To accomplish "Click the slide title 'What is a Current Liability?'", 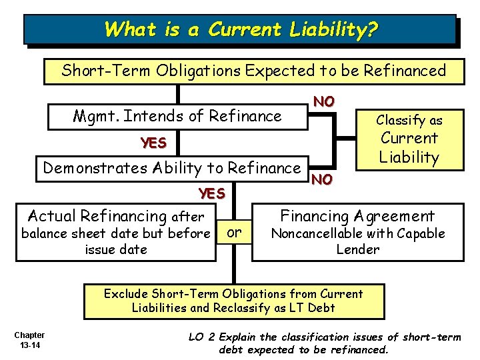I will pyautogui.click(x=241, y=29).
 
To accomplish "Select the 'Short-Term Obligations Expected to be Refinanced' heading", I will pyautogui.click(x=254, y=71).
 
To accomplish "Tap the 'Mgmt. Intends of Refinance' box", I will pyautogui.click(x=177, y=116).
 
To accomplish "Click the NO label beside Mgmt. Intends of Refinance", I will pyautogui.click(x=324, y=101).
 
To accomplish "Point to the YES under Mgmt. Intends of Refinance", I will pyautogui.click(x=153, y=143).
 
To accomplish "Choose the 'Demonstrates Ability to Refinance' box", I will pyautogui.click(x=171, y=167).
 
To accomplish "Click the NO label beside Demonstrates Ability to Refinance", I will pyautogui.click(x=322, y=179).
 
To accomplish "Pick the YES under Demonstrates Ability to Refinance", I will pyautogui.click(x=212, y=193).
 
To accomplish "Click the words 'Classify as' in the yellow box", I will pyautogui.click(x=409, y=121).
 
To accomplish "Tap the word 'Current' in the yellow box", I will pyautogui.click(x=409, y=139).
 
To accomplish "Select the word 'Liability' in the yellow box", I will pyautogui.click(x=409, y=158).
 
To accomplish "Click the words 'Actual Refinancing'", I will pyautogui.click(x=97, y=216).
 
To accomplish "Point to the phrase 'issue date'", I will pyautogui.click(x=116, y=250).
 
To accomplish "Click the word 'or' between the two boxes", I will pyautogui.click(x=234, y=232).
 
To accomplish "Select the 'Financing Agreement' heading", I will pyautogui.click(x=357, y=216).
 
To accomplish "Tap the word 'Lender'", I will pyautogui.click(x=357, y=250).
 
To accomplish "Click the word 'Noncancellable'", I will pyautogui.click(x=310, y=233).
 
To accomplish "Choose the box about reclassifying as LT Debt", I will pyautogui.click(x=233, y=301).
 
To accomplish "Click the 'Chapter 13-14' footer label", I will pyautogui.click(x=29, y=339).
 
